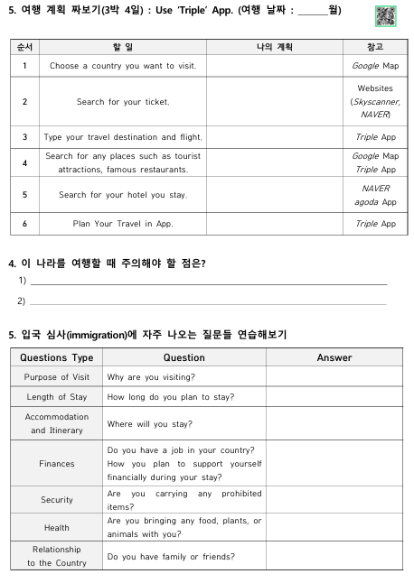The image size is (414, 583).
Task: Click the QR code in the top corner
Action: point(385,15)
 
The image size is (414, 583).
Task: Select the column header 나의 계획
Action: point(274,47)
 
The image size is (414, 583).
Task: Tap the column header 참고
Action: point(375,47)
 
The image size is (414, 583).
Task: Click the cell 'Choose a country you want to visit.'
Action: point(123,66)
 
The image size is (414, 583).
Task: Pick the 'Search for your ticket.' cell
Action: point(123,102)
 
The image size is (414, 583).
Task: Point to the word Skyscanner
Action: point(375,102)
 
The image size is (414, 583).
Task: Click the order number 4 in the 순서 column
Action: point(24,162)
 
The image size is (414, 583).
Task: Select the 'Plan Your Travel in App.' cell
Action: point(123,223)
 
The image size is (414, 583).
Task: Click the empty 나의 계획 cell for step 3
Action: point(274,137)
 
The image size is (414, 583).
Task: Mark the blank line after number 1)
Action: point(208,282)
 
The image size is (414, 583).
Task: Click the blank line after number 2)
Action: point(208,302)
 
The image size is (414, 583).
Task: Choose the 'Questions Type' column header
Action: point(56,357)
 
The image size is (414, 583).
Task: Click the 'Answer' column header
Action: point(334,357)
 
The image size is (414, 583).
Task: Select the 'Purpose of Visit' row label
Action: point(56,377)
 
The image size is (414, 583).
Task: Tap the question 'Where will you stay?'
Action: point(149,423)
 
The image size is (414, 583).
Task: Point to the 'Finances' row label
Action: point(56,464)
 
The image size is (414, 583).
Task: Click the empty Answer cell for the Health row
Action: point(334,527)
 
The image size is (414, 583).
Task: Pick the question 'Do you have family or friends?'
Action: point(171,557)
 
